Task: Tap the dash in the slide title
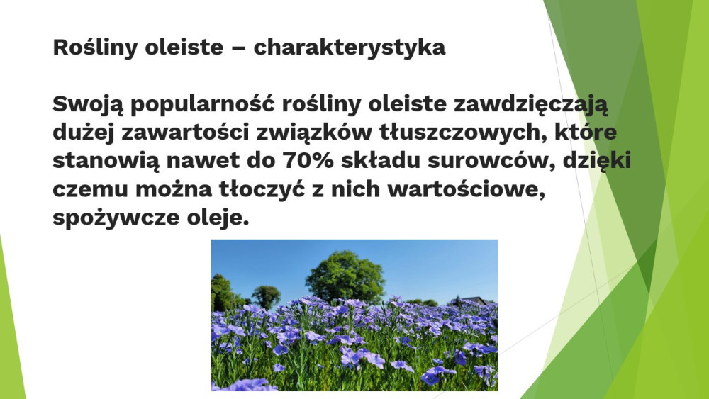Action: tap(238, 49)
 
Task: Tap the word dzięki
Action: tap(597, 161)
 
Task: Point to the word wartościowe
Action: tap(467, 189)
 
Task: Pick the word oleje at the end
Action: tap(218, 218)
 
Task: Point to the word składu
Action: tap(381, 161)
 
